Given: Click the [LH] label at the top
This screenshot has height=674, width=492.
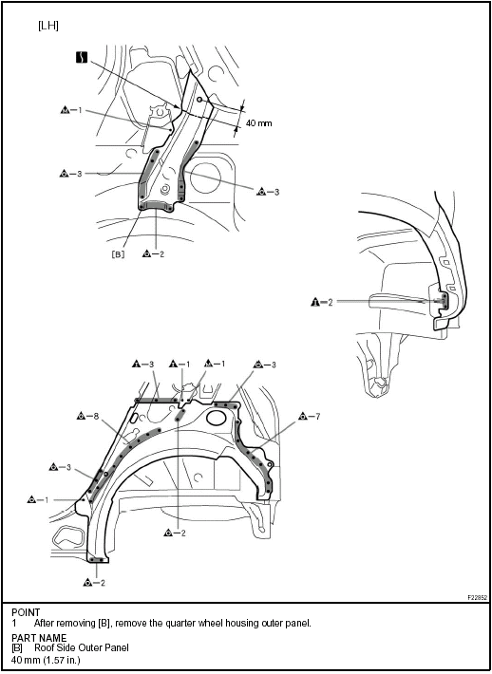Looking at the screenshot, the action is (48, 26).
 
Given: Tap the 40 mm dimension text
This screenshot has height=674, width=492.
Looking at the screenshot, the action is (258, 123).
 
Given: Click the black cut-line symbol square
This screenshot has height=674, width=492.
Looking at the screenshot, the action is (82, 57).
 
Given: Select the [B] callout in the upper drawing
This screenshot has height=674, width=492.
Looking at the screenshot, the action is (118, 254).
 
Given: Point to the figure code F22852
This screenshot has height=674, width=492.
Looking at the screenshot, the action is (478, 598).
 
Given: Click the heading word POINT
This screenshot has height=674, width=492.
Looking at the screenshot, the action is (26, 612).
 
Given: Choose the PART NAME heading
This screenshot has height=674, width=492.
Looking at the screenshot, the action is (39, 638).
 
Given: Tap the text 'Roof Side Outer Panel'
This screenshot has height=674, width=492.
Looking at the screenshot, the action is (82, 647).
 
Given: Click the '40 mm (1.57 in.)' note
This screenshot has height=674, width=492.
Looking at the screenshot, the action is (46, 660).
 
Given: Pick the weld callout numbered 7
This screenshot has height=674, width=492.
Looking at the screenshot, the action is (310, 416).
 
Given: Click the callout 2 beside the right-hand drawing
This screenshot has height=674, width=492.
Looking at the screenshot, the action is (322, 302).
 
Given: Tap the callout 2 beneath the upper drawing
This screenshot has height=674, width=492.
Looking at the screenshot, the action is (154, 254).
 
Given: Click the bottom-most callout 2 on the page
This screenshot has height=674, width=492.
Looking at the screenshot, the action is (94, 583).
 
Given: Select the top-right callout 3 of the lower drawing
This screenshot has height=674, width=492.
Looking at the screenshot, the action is (264, 365).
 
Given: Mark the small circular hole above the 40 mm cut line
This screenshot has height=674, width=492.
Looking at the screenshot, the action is (199, 100).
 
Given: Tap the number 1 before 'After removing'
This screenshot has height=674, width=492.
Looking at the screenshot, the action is (14, 624).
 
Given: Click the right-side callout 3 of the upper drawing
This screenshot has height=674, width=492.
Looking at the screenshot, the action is (268, 192).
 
